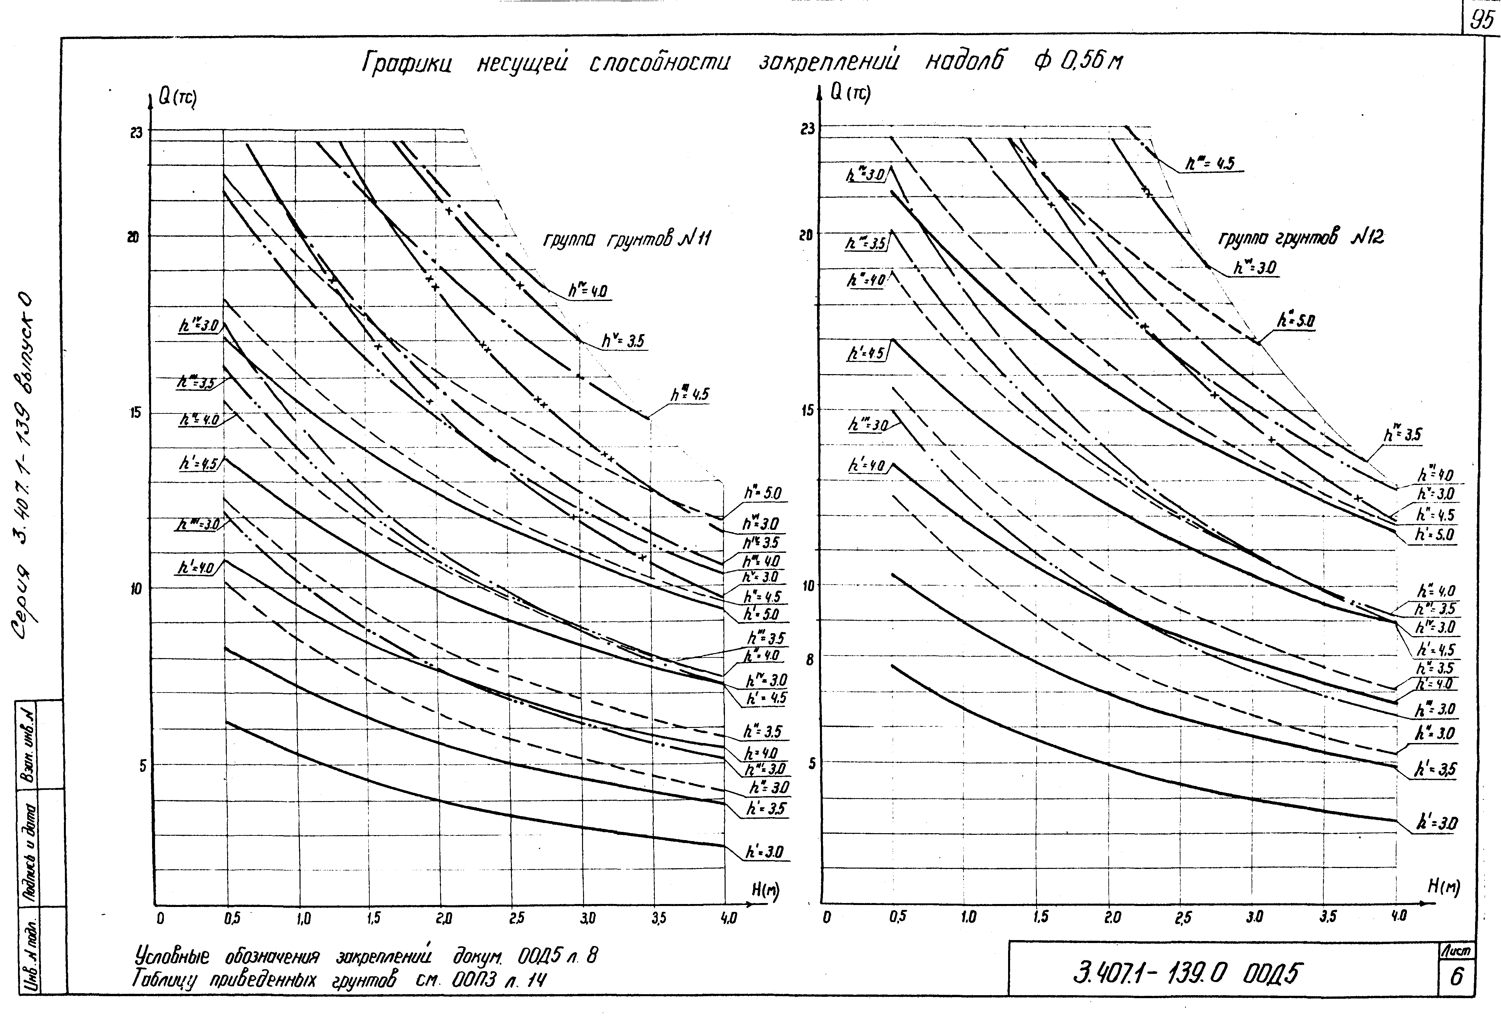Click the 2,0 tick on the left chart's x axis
tap(444, 918)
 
